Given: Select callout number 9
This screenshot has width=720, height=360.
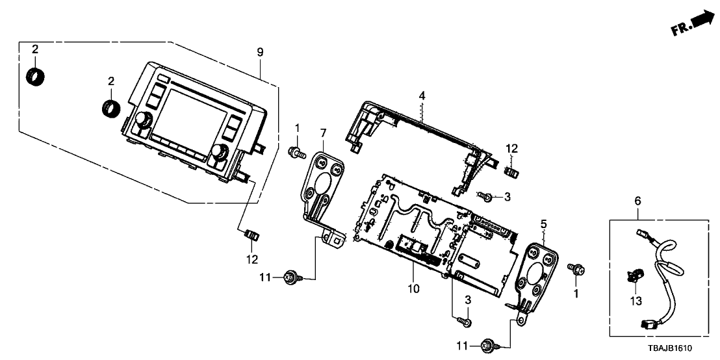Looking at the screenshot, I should [x=260, y=52].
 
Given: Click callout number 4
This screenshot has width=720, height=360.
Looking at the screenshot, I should [x=422, y=96].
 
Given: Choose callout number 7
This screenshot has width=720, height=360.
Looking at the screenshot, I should [x=323, y=133].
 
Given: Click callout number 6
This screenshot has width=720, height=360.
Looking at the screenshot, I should [x=637, y=202].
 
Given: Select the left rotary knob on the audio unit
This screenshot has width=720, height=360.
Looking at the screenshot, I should [x=143, y=120].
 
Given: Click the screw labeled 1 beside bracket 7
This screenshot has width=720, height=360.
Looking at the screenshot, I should [x=296, y=153].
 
